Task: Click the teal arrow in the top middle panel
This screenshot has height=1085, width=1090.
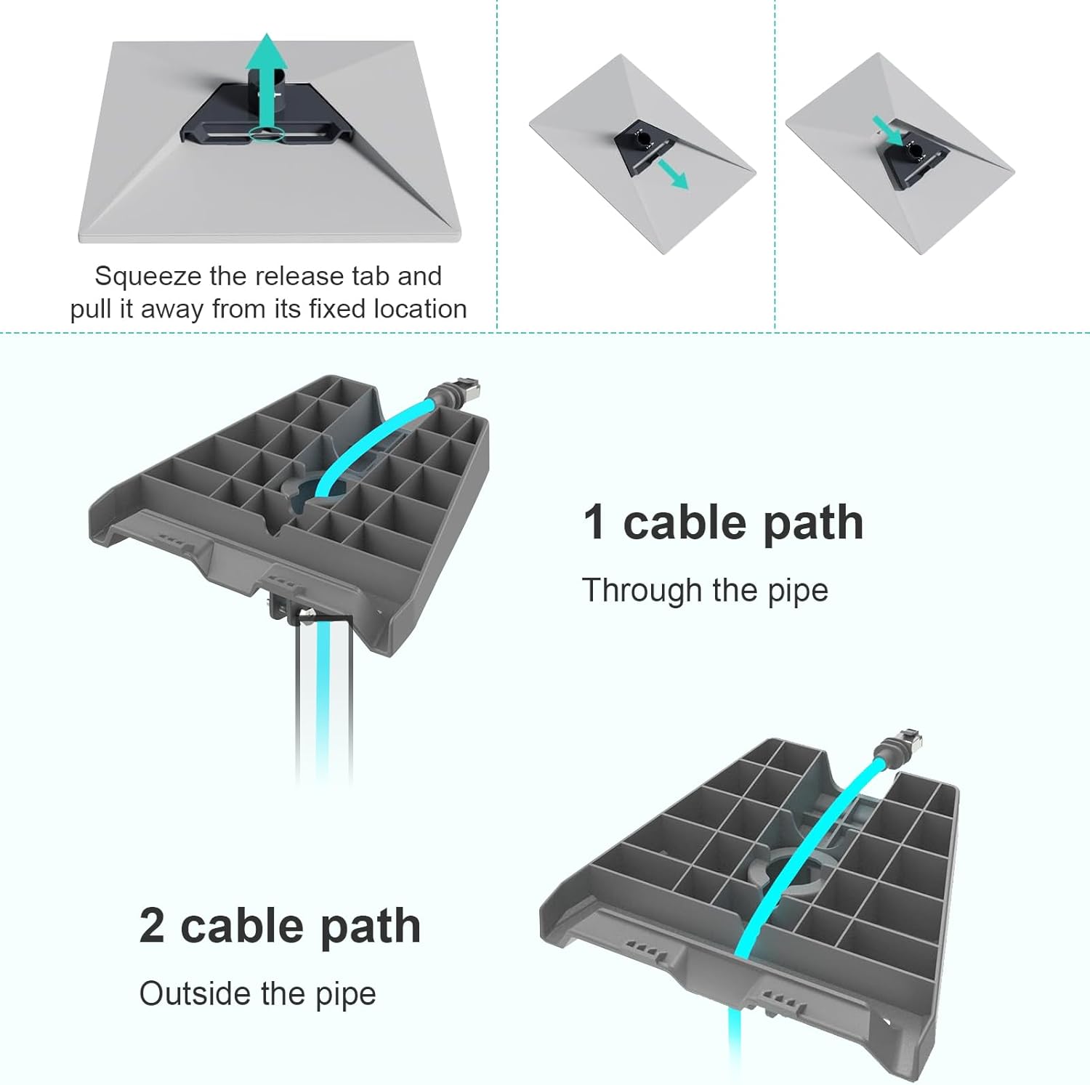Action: click(673, 174)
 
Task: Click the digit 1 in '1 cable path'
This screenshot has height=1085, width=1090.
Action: click(594, 523)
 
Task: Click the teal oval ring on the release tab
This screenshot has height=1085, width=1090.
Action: click(267, 134)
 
